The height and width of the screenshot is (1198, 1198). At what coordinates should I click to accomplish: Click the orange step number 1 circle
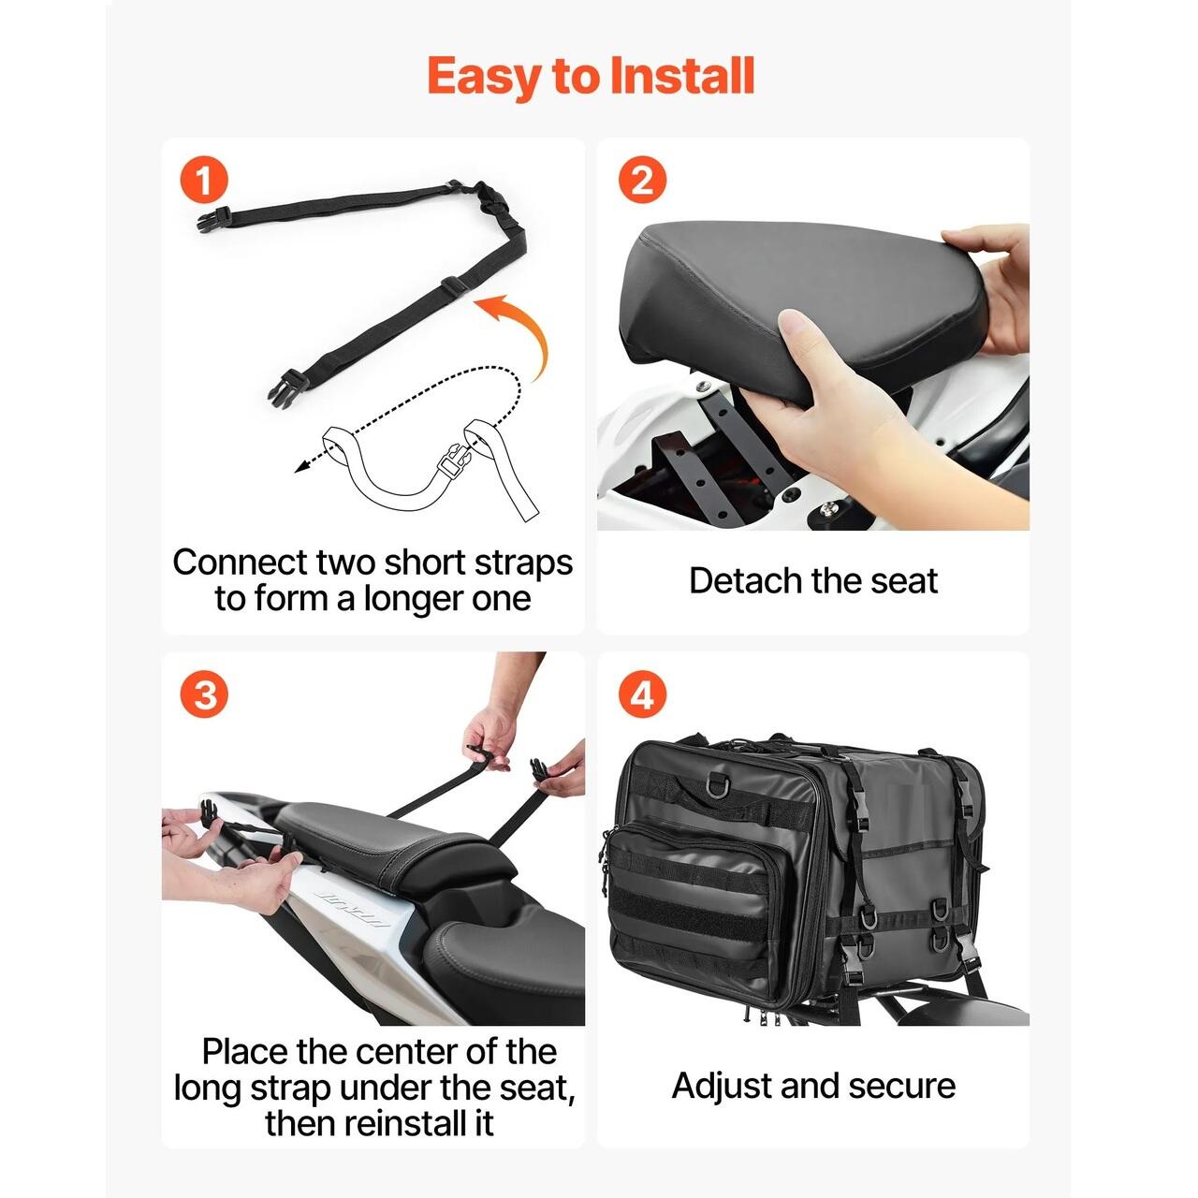204,180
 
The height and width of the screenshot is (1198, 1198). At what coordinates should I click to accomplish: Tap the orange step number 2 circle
642,180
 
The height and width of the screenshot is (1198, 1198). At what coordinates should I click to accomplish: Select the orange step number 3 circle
204,694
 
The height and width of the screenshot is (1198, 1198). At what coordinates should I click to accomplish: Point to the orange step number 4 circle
642,694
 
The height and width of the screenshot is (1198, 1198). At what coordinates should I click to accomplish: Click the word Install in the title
682,76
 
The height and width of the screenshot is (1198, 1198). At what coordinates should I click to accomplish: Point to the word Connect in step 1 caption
240,562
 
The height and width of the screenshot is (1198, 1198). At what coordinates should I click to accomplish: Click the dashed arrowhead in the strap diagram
301,467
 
